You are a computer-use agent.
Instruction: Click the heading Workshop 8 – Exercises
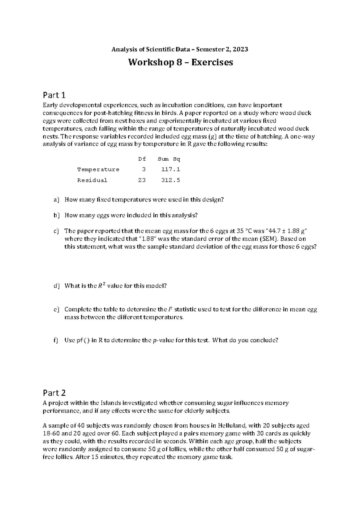[180, 62]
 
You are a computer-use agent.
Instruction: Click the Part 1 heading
[54, 95]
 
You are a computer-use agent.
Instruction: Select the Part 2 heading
[54, 393]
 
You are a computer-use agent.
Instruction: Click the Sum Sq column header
[171, 159]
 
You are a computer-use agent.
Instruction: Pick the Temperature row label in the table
[98, 169]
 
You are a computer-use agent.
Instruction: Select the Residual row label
[92, 180]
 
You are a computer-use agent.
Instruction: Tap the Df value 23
[142, 180]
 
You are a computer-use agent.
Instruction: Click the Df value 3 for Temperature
[144, 169]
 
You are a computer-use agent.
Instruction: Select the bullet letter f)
[56, 340]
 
